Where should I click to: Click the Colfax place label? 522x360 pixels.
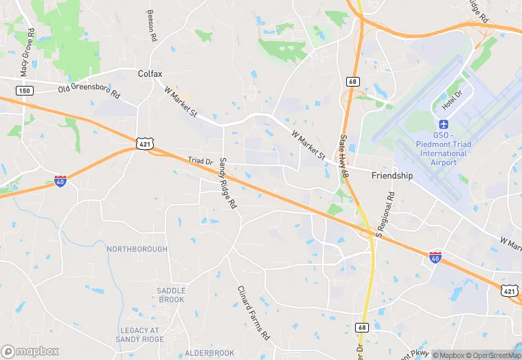point(149,73)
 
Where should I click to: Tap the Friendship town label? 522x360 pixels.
point(392,176)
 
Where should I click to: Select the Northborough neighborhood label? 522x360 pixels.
point(137,249)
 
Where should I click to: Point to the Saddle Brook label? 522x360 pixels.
point(171,295)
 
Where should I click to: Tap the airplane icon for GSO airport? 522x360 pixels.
point(443,124)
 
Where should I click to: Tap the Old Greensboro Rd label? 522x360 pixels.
point(89,89)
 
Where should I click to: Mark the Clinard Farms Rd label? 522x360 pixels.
point(252,313)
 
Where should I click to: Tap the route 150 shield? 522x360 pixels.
point(24,91)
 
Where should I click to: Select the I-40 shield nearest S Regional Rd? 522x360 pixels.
point(435,256)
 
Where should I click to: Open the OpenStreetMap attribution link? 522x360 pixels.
point(492,355)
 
